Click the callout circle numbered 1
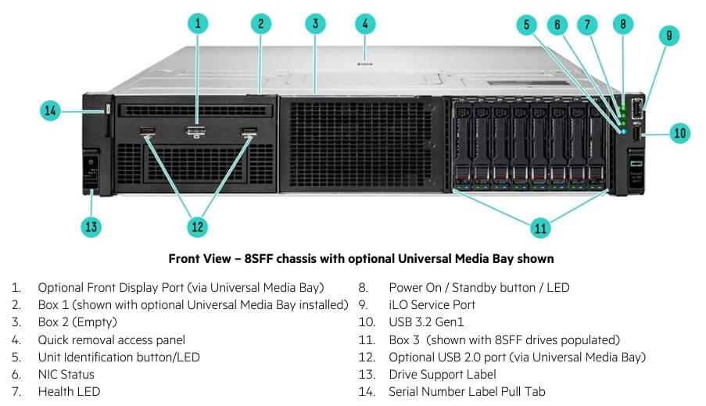coord(199,23)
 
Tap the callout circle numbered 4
coord(365,23)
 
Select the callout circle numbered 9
coord(669,35)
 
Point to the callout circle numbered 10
coord(680,133)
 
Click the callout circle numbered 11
coord(540,228)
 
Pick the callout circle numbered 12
coord(197,227)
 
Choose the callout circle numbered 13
coord(92,227)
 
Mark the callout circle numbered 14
coord(51,111)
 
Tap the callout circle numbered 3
coord(315,23)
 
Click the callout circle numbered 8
coord(622,23)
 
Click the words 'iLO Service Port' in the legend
coord(432,305)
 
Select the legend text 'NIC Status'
coord(66,374)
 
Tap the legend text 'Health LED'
coord(69,391)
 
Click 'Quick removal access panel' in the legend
coord(112,340)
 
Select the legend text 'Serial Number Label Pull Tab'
coord(467,391)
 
